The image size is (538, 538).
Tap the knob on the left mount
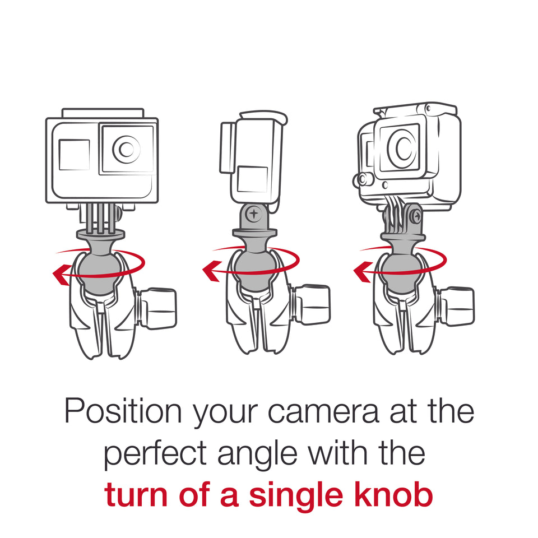(159, 309)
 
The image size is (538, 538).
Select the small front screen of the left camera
(74, 155)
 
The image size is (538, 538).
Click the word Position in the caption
(123, 412)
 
